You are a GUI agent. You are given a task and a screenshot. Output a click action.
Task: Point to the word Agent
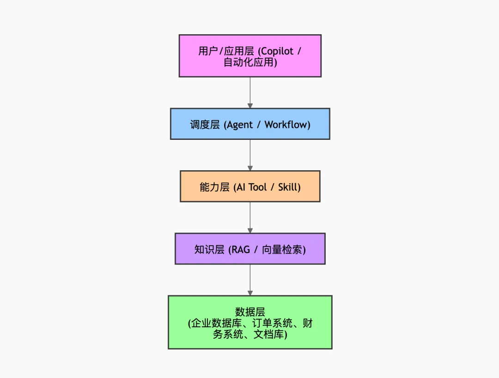tap(240, 125)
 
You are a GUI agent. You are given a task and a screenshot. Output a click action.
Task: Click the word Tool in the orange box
tap(258, 187)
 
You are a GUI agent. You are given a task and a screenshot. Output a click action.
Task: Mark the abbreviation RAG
tap(241, 250)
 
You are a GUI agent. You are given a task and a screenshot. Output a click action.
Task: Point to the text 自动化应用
tap(249, 62)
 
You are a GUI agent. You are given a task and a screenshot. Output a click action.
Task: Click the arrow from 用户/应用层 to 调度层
tap(250, 92)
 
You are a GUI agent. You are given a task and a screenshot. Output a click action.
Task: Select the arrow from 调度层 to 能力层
tap(250, 155)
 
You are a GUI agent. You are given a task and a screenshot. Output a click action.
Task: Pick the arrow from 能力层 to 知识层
tap(250, 217)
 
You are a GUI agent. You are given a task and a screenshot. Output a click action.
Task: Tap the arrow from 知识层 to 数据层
tap(250, 280)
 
